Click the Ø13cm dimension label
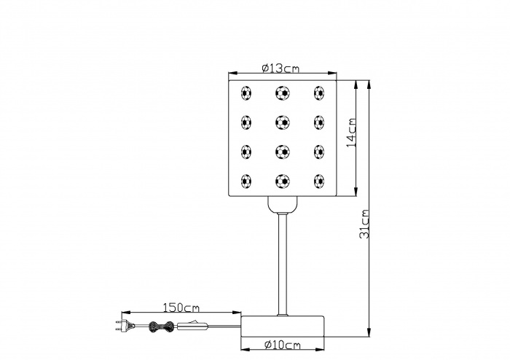point(280,69)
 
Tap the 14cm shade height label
point(351,133)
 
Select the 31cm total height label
point(364,224)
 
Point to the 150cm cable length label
point(181,308)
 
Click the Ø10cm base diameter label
point(283,345)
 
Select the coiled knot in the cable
point(161,326)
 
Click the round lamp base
point(283,326)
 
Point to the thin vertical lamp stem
point(283,264)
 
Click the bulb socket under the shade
point(283,204)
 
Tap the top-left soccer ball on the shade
point(246,93)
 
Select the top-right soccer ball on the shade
point(319,93)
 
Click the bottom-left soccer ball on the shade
point(246,181)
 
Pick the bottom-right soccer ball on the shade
point(319,181)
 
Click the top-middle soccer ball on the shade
point(283,93)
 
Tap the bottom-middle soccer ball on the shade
point(283,181)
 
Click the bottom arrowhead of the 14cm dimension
point(356,191)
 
